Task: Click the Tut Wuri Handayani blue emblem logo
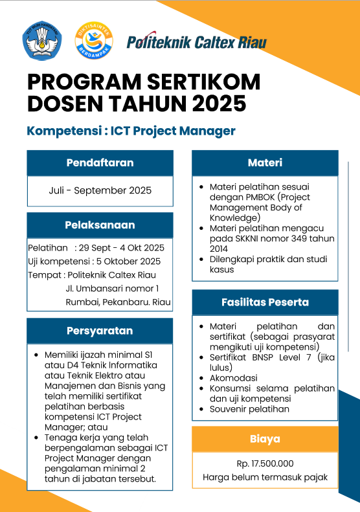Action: pos(42,41)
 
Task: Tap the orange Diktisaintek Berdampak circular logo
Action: pos(94,41)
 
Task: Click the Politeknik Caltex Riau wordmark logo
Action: pos(197,41)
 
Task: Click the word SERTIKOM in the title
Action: pos(203,82)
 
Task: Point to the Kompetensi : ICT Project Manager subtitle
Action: pos(131,131)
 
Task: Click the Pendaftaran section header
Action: pos(100,163)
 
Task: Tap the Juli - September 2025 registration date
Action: pos(100,190)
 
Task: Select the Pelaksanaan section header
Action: pos(100,225)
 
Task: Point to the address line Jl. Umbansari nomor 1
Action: pos(113,289)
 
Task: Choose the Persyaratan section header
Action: pos(100,331)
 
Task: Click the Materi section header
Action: pos(265,163)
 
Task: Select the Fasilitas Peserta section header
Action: pos(265,302)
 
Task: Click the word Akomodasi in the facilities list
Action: pos(234,378)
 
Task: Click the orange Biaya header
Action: pos(265,439)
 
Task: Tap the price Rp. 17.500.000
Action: pos(265,463)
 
